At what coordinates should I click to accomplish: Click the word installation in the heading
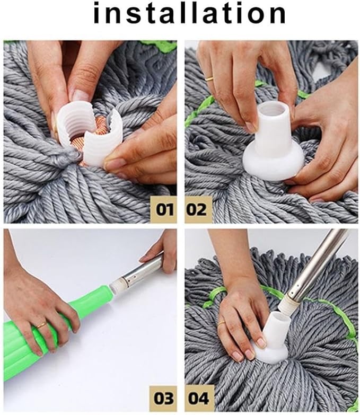coord(189,13)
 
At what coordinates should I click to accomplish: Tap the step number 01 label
coord(165,209)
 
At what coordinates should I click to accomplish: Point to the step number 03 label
coord(163,399)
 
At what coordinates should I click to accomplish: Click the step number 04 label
coord(198,399)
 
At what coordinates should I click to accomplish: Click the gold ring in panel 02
coord(209,78)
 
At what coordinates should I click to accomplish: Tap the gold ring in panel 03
coord(41,325)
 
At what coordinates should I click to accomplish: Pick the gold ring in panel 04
coord(222,323)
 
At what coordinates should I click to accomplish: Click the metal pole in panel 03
coord(142,269)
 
